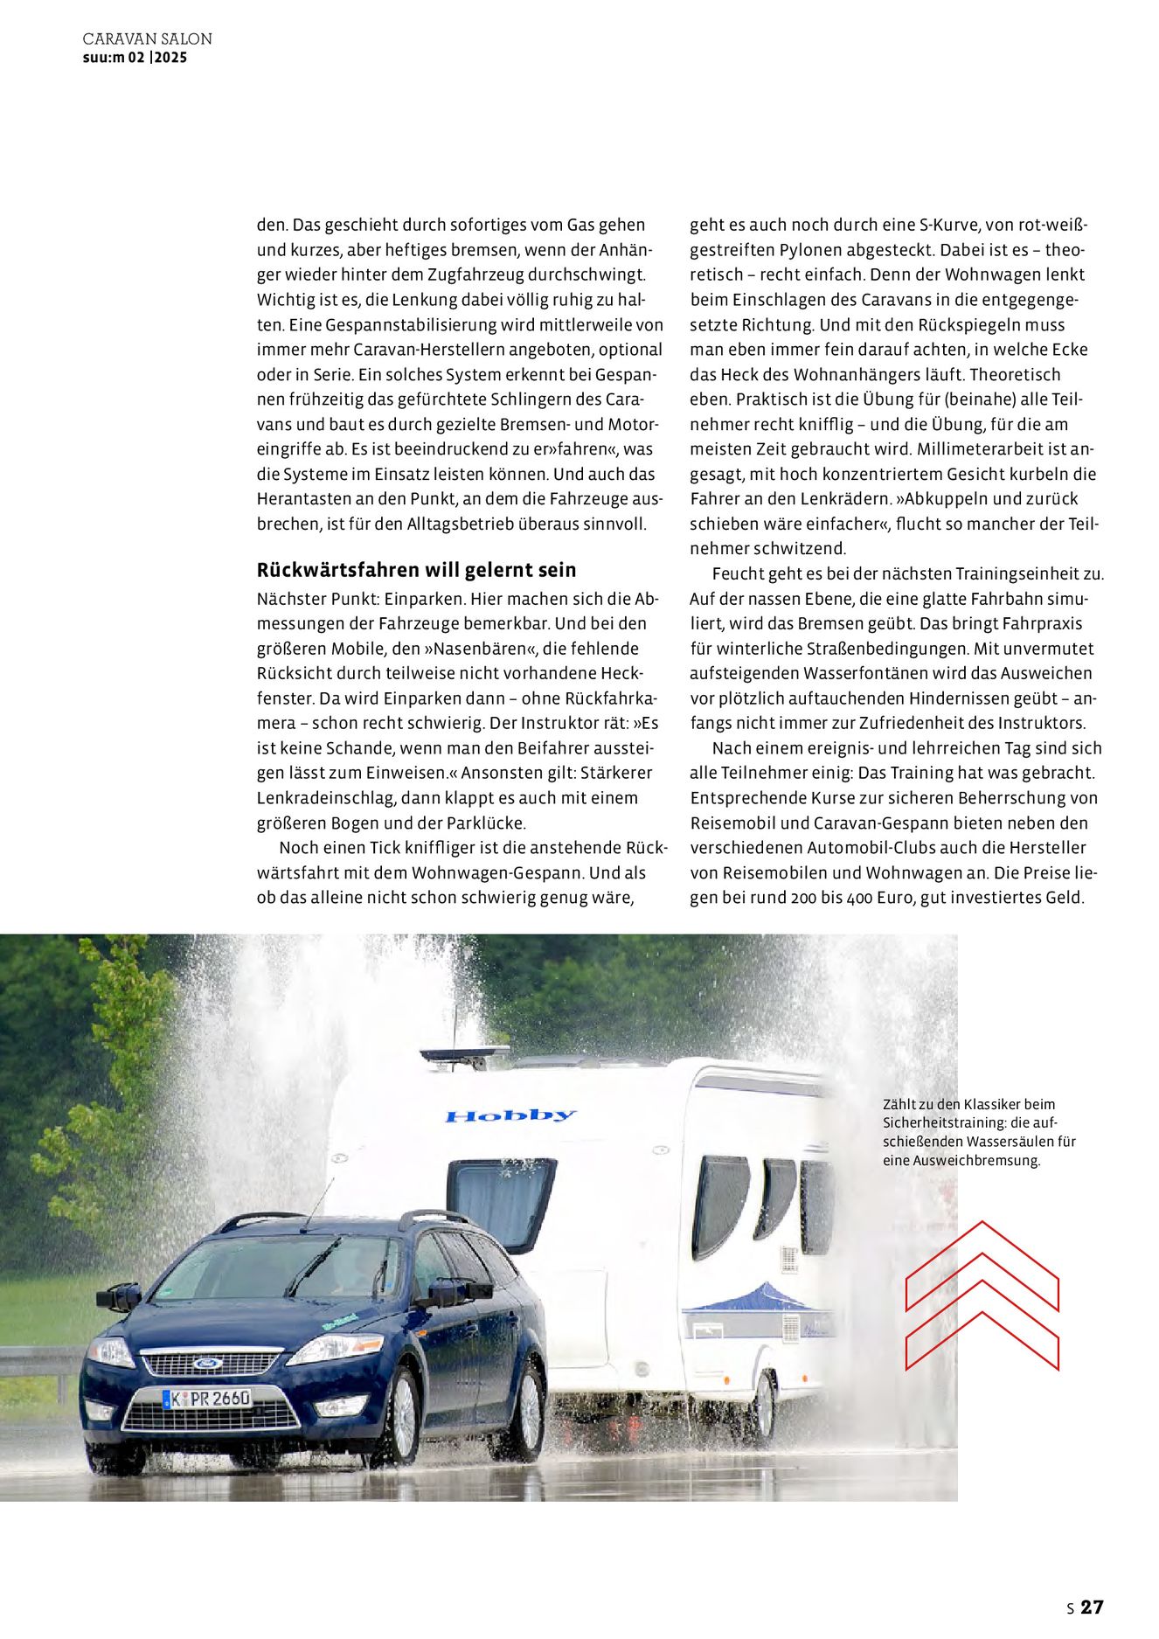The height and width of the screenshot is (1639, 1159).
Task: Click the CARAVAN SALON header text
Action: click(147, 39)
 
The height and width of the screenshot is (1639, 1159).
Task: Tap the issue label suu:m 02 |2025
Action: click(135, 58)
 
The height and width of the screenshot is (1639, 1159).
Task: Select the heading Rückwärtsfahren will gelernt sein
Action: click(416, 570)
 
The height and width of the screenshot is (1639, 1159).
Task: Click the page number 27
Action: click(1092, 1607)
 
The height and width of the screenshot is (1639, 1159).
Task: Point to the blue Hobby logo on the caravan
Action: click(510, 1115)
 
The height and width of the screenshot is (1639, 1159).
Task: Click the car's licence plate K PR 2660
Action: click(207, 1399)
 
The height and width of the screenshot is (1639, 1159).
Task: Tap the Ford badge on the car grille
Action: click(207, 1363)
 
